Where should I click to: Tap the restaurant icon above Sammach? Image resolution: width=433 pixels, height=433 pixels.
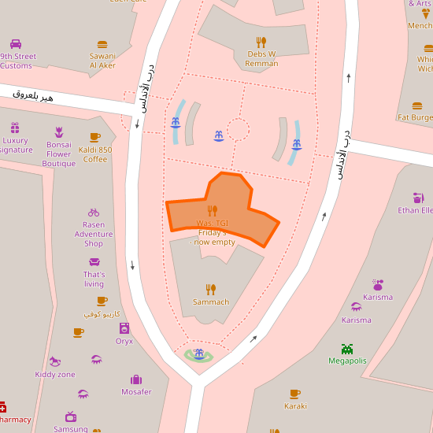pos(211,289)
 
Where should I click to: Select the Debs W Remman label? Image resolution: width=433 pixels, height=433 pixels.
pos(261,59)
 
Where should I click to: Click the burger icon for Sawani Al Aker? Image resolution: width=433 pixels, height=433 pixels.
pos(102,45)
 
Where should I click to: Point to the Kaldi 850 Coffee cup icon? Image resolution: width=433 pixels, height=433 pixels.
pos(95,137)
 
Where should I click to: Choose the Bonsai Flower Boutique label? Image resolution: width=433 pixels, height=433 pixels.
pos(59,154)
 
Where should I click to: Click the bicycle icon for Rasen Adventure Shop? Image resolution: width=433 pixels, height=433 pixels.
pos(94,212)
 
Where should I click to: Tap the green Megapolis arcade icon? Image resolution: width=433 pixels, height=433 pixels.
pos(347,349)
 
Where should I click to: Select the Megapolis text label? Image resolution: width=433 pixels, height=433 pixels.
pos(347,361)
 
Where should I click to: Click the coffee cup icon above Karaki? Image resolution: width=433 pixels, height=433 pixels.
pos(294,394)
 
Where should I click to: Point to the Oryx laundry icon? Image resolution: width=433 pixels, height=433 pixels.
pos(124,328)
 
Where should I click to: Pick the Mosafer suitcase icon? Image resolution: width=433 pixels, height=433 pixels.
pos(136,379)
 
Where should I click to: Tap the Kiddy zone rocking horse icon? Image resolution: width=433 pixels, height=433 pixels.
pos(55,361)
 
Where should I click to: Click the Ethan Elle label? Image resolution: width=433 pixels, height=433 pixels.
pos(416,210)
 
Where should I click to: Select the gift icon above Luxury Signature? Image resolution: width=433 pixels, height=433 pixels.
pos(15,128)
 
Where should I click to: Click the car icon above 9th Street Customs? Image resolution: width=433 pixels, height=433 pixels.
pos(16,44)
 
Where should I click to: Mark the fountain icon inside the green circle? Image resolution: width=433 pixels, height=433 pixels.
pos(198,354)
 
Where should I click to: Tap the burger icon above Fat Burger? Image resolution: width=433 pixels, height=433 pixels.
pos(417,105)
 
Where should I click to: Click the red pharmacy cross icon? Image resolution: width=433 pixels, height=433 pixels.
pos(2,407)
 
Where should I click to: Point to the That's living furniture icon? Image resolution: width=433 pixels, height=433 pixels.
pos(94,262)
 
